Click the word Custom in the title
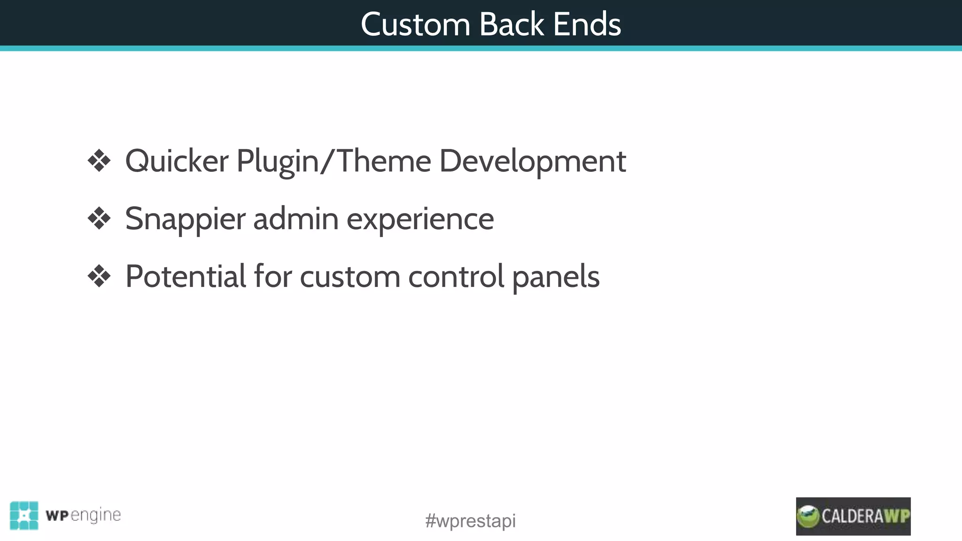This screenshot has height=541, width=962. (415, 24)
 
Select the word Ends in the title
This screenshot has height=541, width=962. (587, 24)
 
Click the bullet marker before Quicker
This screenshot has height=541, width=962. (99, 161)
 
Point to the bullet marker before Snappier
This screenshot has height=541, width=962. (99, 219)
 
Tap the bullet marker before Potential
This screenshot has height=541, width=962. (99, 276)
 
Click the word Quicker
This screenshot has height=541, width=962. (177, 161)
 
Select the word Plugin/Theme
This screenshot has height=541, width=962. (334, 161)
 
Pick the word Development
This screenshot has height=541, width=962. (533, 161)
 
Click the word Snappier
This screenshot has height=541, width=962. (185, 219)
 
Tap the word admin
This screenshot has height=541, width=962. (296, 219)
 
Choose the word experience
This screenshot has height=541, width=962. (420, 219)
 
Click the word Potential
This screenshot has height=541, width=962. (186, 276)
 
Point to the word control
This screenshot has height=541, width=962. (456, 276)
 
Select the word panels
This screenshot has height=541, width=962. (556, 276)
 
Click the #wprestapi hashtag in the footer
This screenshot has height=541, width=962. (470, 521)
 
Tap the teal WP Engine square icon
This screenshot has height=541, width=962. (24, 515)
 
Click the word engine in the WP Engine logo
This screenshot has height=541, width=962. (96, 515)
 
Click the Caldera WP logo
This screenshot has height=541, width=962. (853, 516)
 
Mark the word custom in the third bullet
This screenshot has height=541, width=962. (350, 276)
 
